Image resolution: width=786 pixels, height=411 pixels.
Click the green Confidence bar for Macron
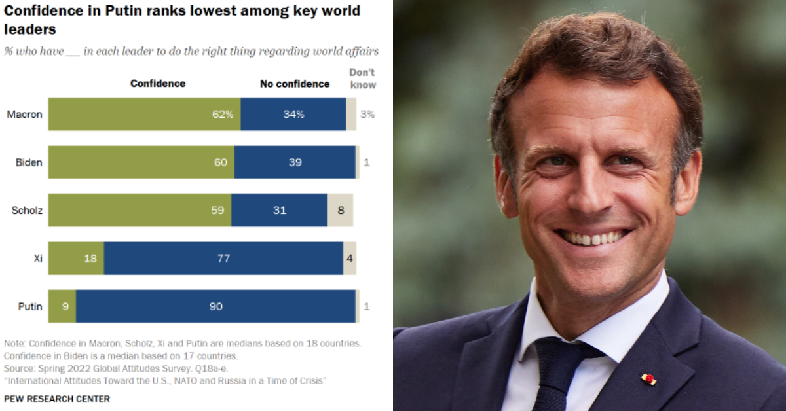pos(144,114)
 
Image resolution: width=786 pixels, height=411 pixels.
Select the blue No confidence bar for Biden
pos(295,162)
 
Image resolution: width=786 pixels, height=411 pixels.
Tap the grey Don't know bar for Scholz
pos(340,210)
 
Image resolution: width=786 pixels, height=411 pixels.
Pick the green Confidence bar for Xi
pos(76,259)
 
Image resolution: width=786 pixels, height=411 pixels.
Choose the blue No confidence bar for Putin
pos(215,306)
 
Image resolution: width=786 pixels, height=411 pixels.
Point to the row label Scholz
pos(27,211)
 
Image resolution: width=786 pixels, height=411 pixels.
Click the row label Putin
pos(29,306)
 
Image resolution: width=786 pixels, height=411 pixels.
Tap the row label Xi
pos(37,259)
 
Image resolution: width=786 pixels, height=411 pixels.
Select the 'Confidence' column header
pos(158,84)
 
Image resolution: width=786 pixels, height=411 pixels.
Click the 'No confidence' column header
pos(295,84)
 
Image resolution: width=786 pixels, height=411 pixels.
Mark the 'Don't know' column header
pos(362,79)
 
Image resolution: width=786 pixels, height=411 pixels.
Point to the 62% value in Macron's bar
pos(223,115)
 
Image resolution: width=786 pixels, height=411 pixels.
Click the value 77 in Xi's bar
pos(223,259)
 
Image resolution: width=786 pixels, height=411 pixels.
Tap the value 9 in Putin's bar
pos(64,306)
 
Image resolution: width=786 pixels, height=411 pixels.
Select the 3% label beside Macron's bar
pos(367,115)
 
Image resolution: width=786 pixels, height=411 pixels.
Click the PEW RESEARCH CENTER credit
pos(57,399)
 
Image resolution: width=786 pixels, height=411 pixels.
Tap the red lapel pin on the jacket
pos(648,379)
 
